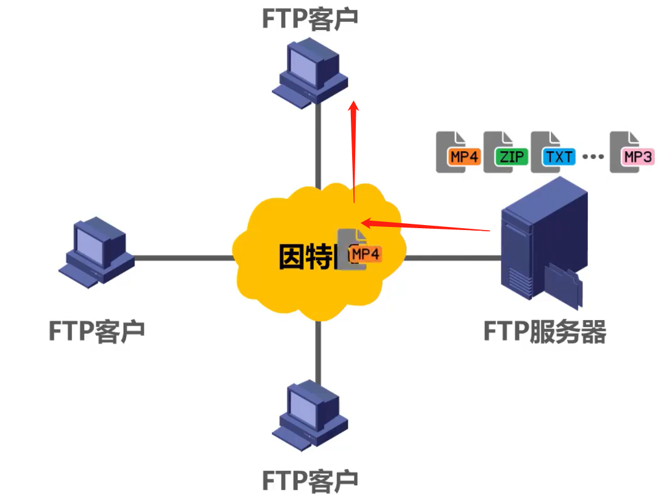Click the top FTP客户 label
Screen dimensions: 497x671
pos(310,18)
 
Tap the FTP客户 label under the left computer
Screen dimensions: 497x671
pos(96,329)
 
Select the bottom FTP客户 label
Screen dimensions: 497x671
pos(310,480)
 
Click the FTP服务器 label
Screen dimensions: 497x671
pos(545,331)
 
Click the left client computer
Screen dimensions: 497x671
pos(97,251)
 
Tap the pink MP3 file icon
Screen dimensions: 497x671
pos(632,152)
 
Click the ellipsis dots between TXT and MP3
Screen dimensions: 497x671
pos(593,156)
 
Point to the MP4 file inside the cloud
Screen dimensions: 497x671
pos(359,249)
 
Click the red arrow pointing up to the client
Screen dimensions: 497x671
pos(354,150)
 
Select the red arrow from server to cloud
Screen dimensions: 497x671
pos(425,226)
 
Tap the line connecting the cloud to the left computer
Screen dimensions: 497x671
pos(181,257)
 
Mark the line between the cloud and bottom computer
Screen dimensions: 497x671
pos(318,350)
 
